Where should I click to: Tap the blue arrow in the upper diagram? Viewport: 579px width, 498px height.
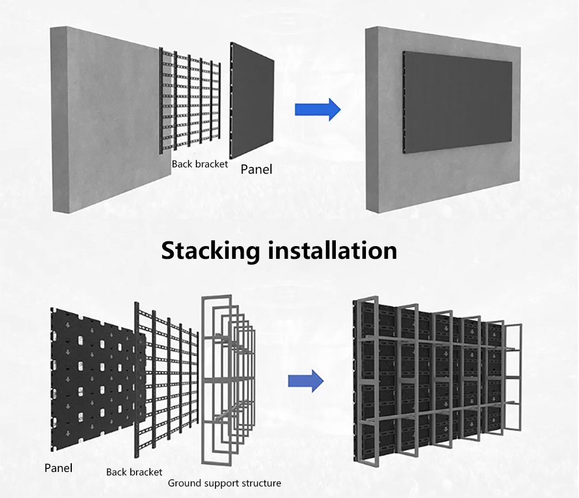[317, 109]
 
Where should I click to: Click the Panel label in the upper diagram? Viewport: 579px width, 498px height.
[256, 170]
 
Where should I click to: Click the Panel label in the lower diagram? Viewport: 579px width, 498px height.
[58, 468]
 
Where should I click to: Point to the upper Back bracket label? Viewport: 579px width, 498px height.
[200, 164]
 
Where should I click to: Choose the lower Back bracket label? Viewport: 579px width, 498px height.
[134, 472]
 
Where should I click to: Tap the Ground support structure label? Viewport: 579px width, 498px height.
[224, 483]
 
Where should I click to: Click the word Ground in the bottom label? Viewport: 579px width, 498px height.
[182, 483]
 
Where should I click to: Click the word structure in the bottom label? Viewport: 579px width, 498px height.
[261, 483]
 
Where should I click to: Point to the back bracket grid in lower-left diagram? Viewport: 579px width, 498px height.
[168, 382]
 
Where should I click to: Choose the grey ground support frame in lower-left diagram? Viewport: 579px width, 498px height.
[229, 382]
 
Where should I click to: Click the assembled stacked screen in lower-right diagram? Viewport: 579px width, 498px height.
[434, 382]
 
